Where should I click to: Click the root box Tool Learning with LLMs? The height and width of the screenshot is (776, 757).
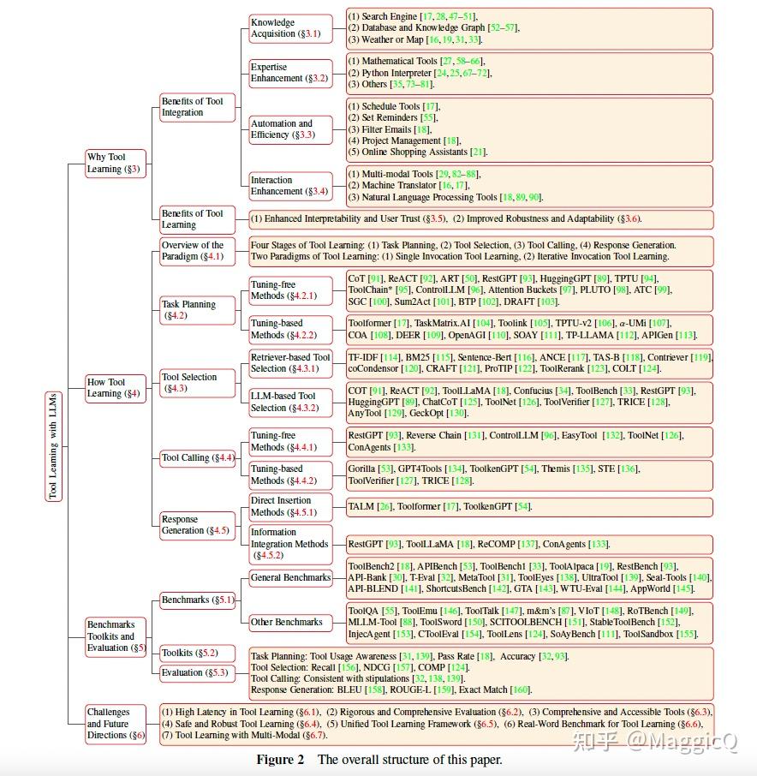point(54,447)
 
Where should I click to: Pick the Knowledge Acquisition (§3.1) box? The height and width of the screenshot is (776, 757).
point(289,28)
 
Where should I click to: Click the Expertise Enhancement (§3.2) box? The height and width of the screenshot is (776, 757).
point(289,73)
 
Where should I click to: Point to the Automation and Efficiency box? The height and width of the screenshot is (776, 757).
point(289,129)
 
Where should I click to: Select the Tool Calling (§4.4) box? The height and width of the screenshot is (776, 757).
point(198,457)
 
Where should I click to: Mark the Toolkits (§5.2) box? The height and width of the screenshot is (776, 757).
point(189,653)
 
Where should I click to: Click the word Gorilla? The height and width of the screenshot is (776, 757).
point(361,469)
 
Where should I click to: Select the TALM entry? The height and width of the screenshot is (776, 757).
point(361,507)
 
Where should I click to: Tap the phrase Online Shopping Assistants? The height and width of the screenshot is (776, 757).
point(414,152)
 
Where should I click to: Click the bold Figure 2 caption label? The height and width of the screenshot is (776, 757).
point(281,760)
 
